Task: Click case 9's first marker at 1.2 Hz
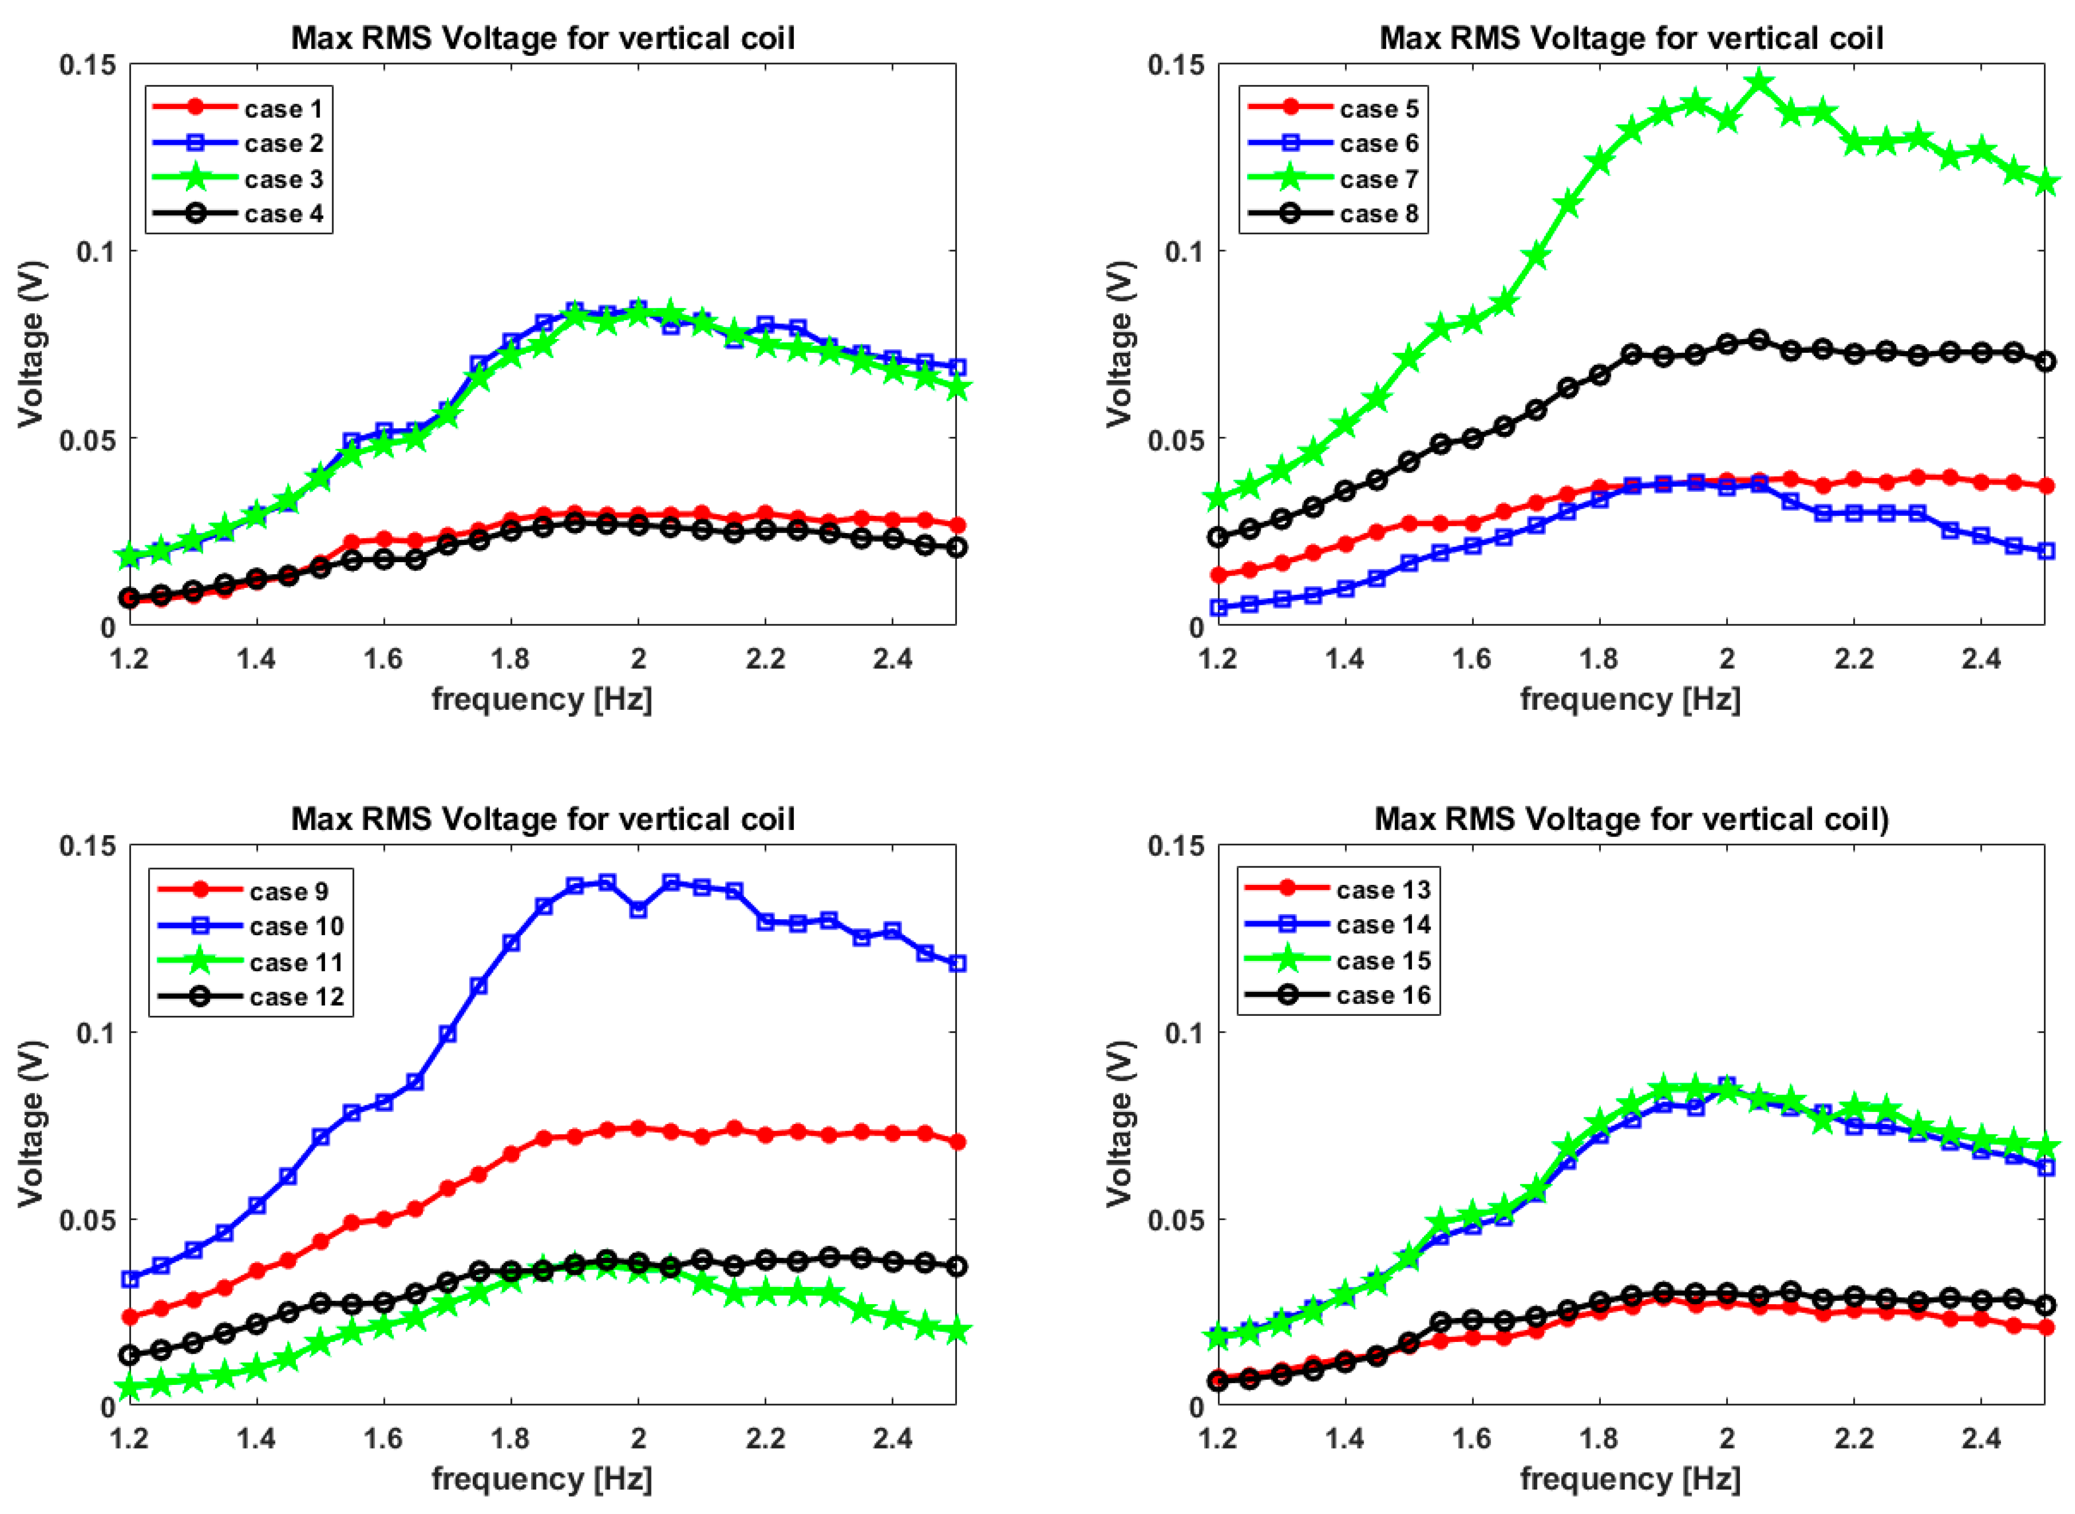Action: pos(130,1317)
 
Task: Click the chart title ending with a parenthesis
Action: pos(1630,818)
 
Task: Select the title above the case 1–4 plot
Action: pos(543,39)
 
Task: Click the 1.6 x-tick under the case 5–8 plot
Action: pos(1472,658)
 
